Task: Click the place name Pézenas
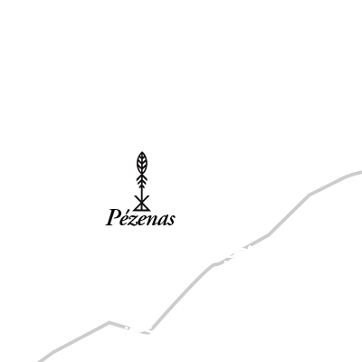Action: pyautogui.click(x=140, y=217)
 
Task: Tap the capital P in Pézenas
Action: pyautogui.click(x=113, y=217)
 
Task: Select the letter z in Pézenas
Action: pyautogui.click(x=137, y=220)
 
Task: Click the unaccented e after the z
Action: pyautogui.click(x=146, y=220)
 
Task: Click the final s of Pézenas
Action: pyautogui.click(x=172, y=220)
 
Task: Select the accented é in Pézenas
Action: pyautogui.click(x=128, y=218)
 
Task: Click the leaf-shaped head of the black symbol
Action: pyautogui.click(x=141, y=163)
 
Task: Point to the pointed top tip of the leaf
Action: pyautogui.click(x=142, y=152)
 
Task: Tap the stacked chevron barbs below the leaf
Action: pyautogui.click(x=141, y=180)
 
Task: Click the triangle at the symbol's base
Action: pyautogui.click(x=141, y=207)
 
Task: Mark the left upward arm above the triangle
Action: pyautogui.click(x=138, y=199)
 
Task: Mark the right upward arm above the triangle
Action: pyautogui.click(x=146, y=199)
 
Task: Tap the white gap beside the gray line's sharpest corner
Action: pyautogui.click(x=138, y=330)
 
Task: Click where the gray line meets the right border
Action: pyautogui.click(x=361, y=173)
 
